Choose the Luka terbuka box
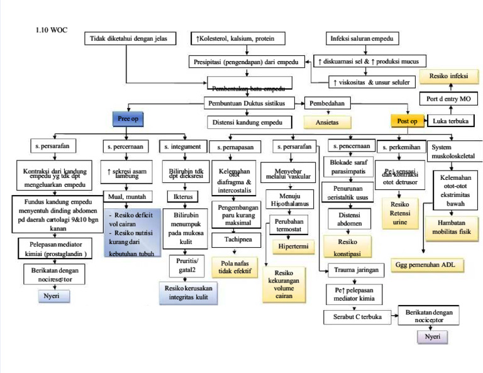click(451, 121)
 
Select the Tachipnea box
click(231, 240)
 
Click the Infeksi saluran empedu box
click(362, 39)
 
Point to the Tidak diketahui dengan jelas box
click(127, 39)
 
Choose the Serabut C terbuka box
click(357, 317)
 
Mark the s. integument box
click(182, 147)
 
